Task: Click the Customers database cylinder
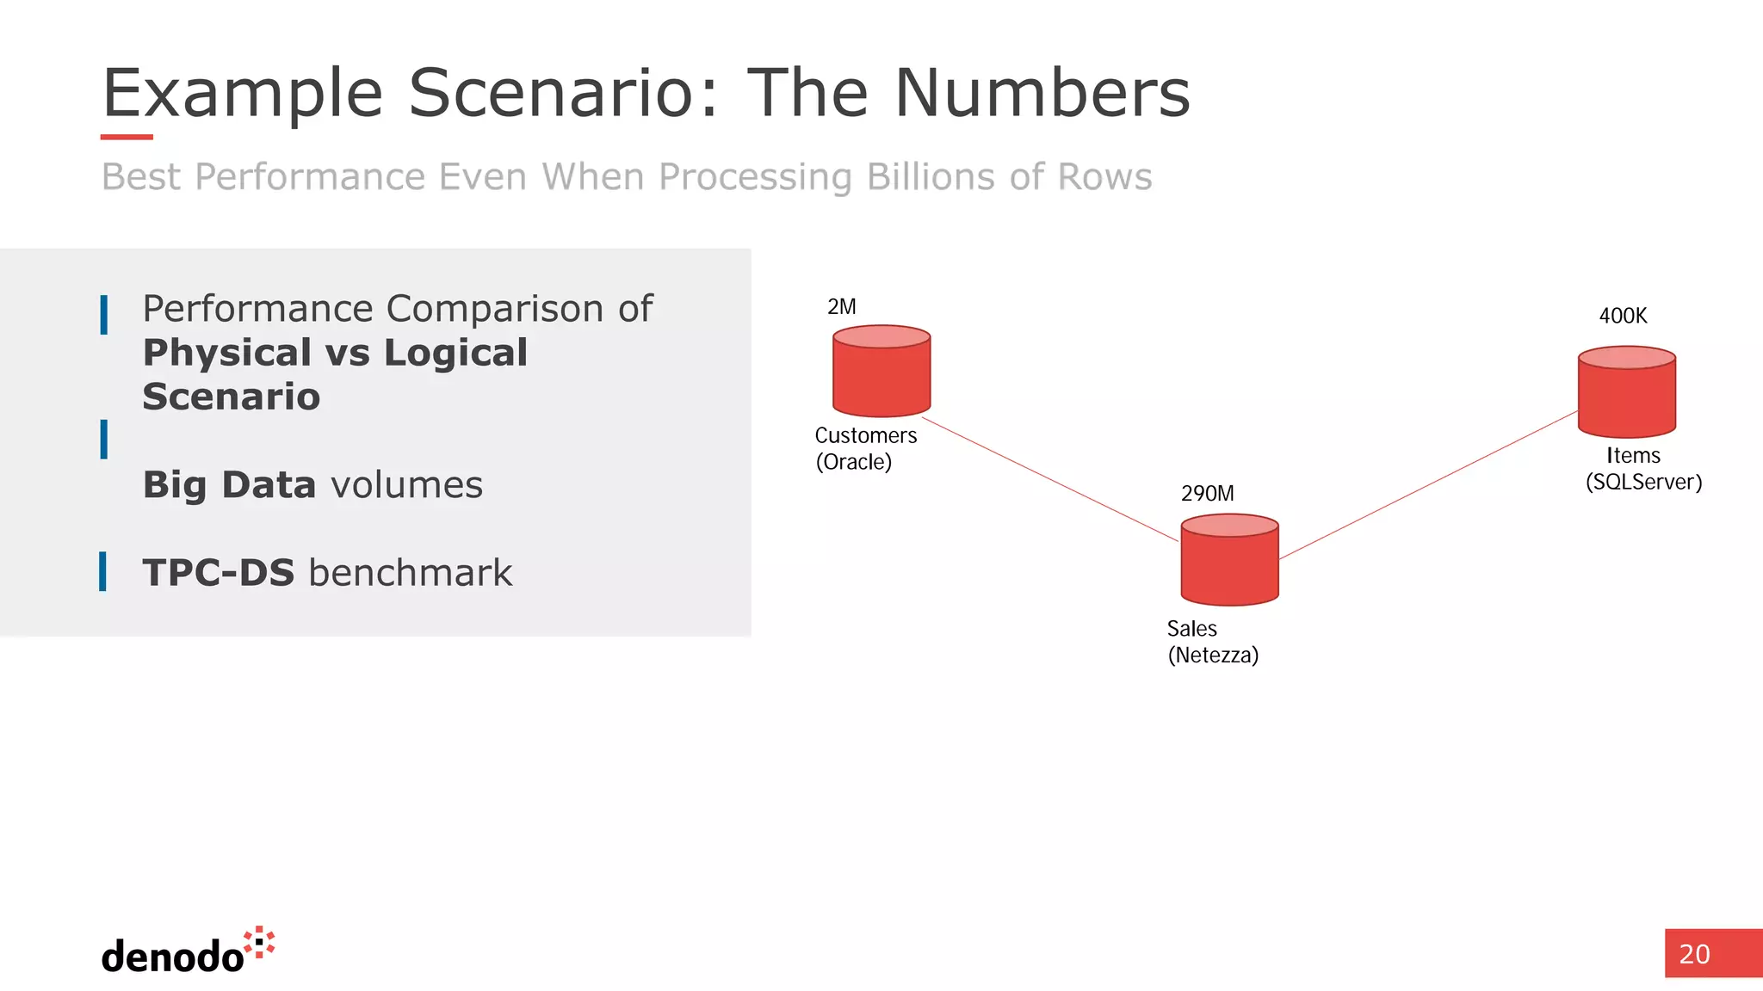881,372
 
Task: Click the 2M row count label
841,307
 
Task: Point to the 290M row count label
1207,494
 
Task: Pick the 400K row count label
1623,316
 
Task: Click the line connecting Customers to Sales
1050,480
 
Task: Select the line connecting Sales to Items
1429,485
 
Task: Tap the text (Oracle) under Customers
853,462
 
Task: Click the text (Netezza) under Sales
1213,656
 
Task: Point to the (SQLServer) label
1643,482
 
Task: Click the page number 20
1694,954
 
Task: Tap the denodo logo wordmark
172,957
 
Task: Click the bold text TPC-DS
219,573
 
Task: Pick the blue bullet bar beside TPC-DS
103,572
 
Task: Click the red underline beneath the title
127,137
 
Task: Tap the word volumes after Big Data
406,485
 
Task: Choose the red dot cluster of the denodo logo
259,942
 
